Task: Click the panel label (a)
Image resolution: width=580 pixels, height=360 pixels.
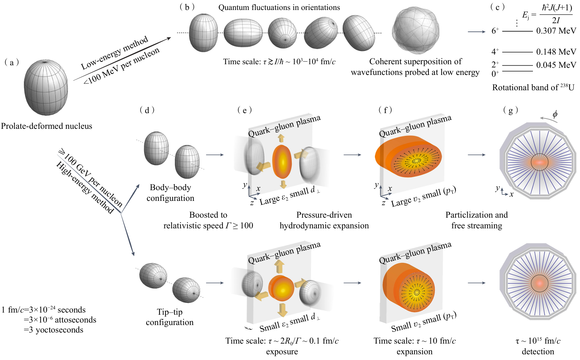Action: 12,63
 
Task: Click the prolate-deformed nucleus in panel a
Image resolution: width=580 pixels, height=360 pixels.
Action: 46,87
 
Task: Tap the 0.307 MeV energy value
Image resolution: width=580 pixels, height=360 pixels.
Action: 556,31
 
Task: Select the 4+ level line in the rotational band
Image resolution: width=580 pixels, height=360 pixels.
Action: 517,52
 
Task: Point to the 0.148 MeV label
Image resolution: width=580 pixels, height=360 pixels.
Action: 556,52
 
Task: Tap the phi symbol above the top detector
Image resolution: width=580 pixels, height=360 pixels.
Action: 555,115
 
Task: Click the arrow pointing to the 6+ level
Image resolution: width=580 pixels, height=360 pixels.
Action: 477,32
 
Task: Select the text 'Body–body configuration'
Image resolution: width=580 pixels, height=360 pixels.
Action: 171,193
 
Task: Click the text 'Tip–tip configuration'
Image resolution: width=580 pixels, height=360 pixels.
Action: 170,317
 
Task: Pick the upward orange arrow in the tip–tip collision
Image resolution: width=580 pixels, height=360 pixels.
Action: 279,267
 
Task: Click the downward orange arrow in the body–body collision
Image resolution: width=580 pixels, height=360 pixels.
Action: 283,184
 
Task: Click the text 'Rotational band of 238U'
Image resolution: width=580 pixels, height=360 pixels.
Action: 533,87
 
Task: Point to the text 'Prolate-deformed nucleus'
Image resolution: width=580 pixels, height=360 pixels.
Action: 46,126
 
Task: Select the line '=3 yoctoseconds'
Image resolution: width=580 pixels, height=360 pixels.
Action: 54,330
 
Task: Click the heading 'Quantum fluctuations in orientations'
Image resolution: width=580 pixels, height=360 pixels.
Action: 279,7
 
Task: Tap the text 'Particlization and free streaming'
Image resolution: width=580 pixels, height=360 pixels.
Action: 477,220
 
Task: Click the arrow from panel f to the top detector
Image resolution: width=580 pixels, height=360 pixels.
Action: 477,155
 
